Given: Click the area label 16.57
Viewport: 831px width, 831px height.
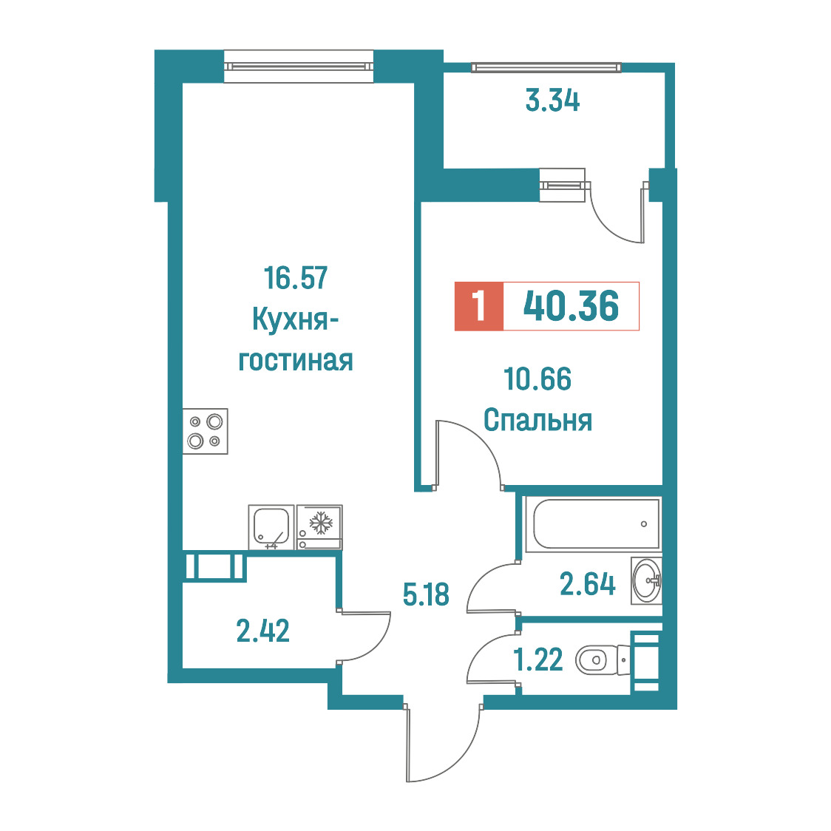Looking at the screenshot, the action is click(x=296, y=278).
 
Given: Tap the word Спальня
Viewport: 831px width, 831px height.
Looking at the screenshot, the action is click(x=537, y=420).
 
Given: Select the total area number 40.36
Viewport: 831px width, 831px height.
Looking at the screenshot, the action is click(x=571, y=306).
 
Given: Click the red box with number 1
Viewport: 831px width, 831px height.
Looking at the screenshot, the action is click(x=478, y=306).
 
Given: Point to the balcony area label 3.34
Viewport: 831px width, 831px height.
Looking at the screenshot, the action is click(x=552, y=101).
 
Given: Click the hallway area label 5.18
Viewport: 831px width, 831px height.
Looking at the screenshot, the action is click(x=426, y=594).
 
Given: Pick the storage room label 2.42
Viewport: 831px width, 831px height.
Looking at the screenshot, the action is click(x=263, y=631).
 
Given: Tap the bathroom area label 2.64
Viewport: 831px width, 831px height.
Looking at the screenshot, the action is click(x=588, y=585).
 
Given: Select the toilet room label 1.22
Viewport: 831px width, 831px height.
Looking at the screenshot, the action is click(x=538, y=660).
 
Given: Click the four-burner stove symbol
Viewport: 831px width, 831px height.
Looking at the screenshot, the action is click(x=205, y=431).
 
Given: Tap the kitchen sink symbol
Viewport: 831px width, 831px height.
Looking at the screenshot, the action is click(x=271, y=527).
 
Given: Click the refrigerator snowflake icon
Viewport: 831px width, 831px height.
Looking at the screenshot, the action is click(x=320, y=523).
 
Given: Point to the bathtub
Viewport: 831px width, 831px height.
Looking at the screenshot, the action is click(x=592, y=524).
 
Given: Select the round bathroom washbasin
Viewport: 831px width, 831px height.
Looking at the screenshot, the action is click(x=647, y=581).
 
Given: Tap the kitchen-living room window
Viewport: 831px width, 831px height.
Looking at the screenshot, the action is click(x=299, y=67).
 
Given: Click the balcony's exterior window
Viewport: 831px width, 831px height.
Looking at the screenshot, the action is click(x=546, y=68).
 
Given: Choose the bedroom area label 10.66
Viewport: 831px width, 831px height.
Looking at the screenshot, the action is click(x=537, y=379).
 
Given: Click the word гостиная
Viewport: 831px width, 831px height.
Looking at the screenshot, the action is click(x=296, y=361).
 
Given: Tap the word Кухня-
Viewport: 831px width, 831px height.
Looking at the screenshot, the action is click(x=296, y=319).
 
